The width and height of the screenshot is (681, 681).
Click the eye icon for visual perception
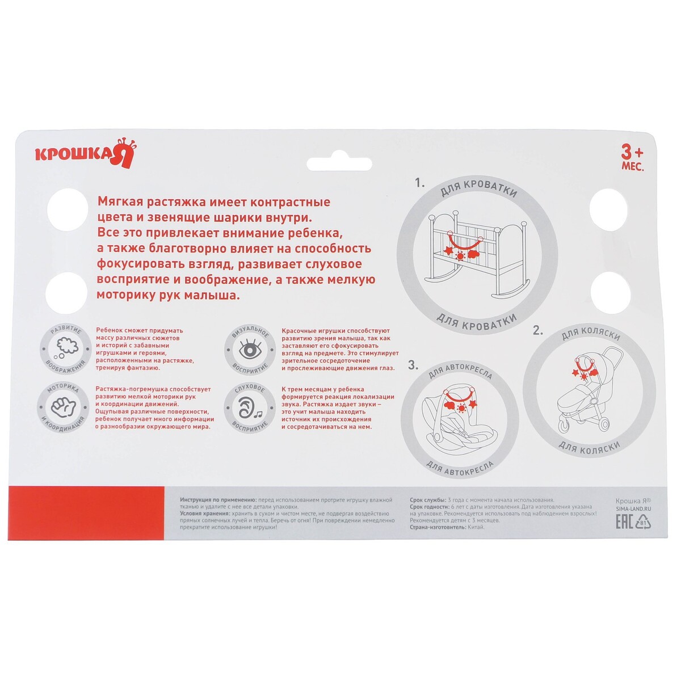(x=251, y=350)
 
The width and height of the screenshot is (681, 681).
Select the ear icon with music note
(x=250, y=408)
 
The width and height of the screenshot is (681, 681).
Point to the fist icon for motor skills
(x=64, y=407)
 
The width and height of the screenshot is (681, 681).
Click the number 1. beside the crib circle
(x=420, y=183)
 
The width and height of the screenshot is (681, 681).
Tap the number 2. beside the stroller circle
(x=538, y=331)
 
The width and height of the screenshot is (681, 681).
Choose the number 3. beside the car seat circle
(x=413, y=365)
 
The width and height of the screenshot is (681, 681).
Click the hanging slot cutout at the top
(x=339, y=163)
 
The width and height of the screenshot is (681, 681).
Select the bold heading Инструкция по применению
(x=218, y=500)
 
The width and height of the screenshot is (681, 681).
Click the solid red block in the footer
(x=86, y=513)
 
